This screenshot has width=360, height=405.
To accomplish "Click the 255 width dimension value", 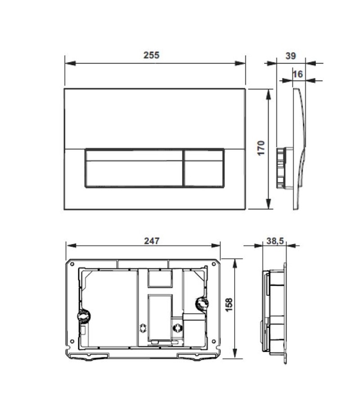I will click(x=152, y=55).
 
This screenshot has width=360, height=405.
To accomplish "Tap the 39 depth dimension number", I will click(x=291, y=56).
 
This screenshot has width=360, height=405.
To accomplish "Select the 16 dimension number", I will click(x=297, y=74).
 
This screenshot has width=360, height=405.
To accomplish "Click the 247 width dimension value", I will click(x=152, y=241).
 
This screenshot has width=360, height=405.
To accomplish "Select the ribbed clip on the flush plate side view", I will click(x=280, y=167).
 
